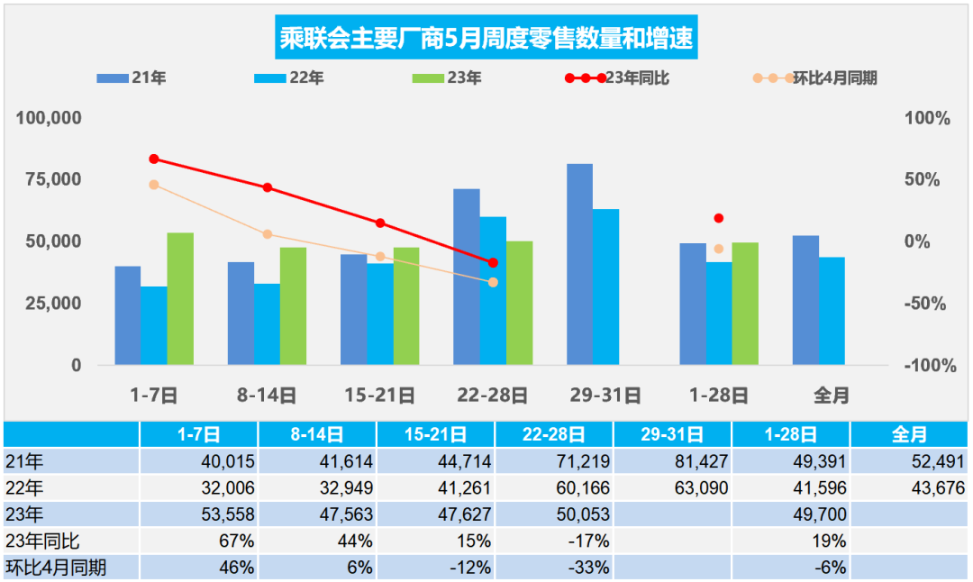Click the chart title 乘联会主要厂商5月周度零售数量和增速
click(486, 39)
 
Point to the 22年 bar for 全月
click(832, 312)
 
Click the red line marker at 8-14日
click(268, 187)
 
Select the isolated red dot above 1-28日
click(718, 218)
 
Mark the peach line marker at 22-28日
click(493, 282)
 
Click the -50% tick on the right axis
click(925, 304)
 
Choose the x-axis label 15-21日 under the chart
click(379, 395)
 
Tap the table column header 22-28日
click(553, 435)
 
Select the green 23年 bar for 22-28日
click(519, 304)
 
